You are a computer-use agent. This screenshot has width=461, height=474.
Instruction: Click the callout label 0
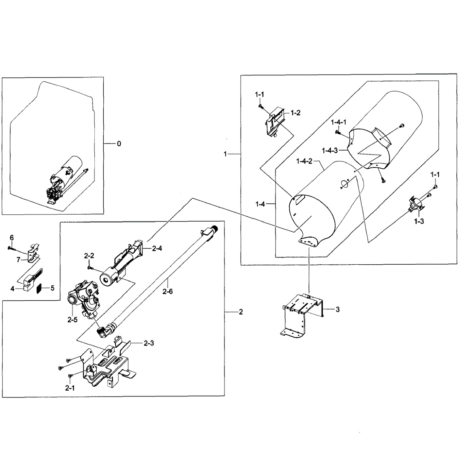point(119,144)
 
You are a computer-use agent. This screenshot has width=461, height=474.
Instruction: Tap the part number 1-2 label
point(296,113)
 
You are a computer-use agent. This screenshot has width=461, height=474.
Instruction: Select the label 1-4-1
point(339,122)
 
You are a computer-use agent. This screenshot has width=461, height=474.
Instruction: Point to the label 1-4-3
point(330,150)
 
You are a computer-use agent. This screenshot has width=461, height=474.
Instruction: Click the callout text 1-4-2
point(304,161)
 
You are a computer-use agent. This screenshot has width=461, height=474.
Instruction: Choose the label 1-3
point(419,222)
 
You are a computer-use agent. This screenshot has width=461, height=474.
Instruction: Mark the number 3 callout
point(337,309)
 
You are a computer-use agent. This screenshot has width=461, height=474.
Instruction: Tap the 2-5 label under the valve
point(72,320)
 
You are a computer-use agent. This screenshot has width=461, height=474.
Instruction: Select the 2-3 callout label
point(148,343)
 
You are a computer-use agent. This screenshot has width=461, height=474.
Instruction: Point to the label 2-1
point(70,388)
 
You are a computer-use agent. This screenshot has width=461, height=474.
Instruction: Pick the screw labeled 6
point(10,248)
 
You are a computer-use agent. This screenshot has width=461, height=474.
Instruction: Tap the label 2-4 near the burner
point(157,248)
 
